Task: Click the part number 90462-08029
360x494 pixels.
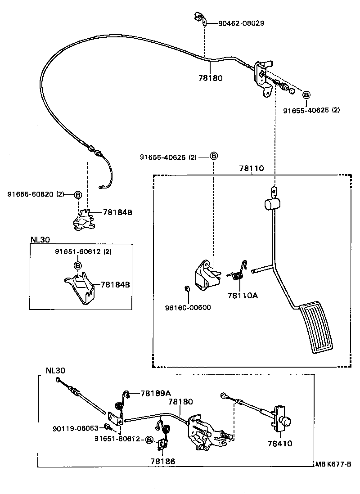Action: (241, 23)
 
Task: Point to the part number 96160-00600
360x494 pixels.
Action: (188, 308)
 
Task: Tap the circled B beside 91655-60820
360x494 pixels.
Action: (77, 194)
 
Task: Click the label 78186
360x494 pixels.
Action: (163, 461)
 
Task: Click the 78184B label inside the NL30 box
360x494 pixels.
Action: (115, 284)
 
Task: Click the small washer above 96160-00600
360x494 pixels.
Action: (187, 288)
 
